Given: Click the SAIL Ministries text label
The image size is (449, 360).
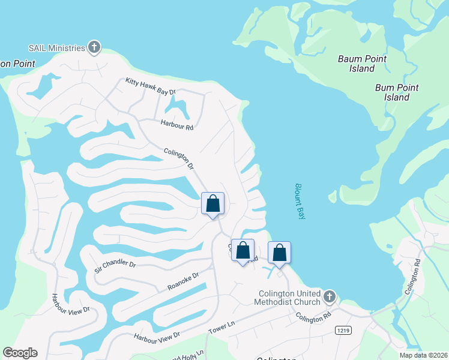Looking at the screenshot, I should [x=56, y=48].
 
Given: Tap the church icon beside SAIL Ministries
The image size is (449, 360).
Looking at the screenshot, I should [x=94, y=47].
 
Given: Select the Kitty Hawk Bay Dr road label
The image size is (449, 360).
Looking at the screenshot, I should [x=150, y=86].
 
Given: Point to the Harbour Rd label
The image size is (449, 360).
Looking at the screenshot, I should [x=177, y=125].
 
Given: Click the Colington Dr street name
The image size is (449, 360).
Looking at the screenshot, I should [x=179, y=158].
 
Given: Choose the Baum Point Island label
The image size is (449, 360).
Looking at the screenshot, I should [x=362, y=64].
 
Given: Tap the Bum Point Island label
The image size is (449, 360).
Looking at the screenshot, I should [x=397, y=92].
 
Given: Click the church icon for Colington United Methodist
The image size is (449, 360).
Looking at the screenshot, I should [x=329, y=296].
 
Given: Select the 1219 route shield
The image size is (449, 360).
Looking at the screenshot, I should [x=343, y=331].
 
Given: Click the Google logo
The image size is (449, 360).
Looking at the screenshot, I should [x=20, y=353].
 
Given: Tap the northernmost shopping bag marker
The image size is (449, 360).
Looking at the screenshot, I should [x=212, y=204].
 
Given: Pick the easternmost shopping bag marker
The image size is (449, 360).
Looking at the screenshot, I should [x=279, y=253].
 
